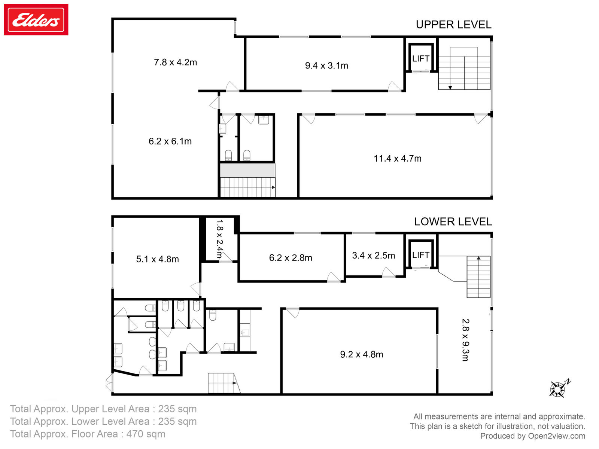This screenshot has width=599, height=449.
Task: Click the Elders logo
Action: click(36, 20)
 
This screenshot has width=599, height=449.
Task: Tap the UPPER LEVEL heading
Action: click(453, 25)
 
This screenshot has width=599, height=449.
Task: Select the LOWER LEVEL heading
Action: click(453, 222)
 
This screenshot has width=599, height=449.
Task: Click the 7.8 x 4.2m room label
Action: click(175, 62)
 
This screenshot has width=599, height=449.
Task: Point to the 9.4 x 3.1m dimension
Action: click(326, 65)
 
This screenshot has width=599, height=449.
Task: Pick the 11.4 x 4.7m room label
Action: click(397, 158)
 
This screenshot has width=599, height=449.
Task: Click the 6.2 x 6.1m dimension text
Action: click(170, 141)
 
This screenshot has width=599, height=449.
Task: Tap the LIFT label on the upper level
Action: click(420, 59)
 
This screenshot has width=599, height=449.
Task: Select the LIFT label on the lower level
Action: click(420, 255)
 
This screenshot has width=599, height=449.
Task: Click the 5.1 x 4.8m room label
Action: click(157, 259)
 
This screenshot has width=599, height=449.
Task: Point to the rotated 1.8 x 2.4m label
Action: click(219, 239)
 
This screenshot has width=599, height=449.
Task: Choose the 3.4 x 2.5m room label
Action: click(373, 256)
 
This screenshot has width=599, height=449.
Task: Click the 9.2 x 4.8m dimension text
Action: click(361, 354)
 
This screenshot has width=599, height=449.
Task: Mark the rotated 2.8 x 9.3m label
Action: click(465, 340)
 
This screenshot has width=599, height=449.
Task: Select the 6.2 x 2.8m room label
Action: click(291, 258)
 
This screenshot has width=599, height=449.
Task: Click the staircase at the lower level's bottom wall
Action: click(223, 383)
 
